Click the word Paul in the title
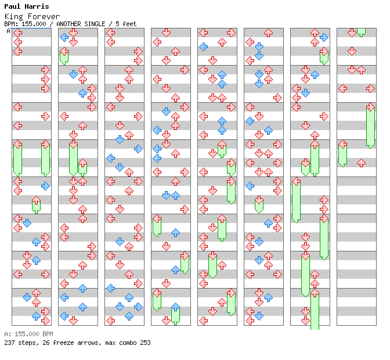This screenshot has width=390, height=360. pos(12,6)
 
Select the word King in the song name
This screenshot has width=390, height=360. pos(12,16)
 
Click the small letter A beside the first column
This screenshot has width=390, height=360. pos(8,31)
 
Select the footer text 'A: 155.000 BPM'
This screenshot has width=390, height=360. pos(28,334)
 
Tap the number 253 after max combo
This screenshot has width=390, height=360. pos(145,343)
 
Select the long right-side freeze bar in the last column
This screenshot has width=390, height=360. pos(370,126)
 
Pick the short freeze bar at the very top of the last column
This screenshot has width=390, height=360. pos(361,31)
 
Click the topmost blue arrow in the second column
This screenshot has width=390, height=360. pos(64,37)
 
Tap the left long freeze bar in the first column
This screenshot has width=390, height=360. pos(17,158)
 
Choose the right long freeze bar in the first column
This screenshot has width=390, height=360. pos(45,158)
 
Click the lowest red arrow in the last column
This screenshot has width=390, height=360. pos(361,163)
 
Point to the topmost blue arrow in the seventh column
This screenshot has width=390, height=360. pos(324,37)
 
